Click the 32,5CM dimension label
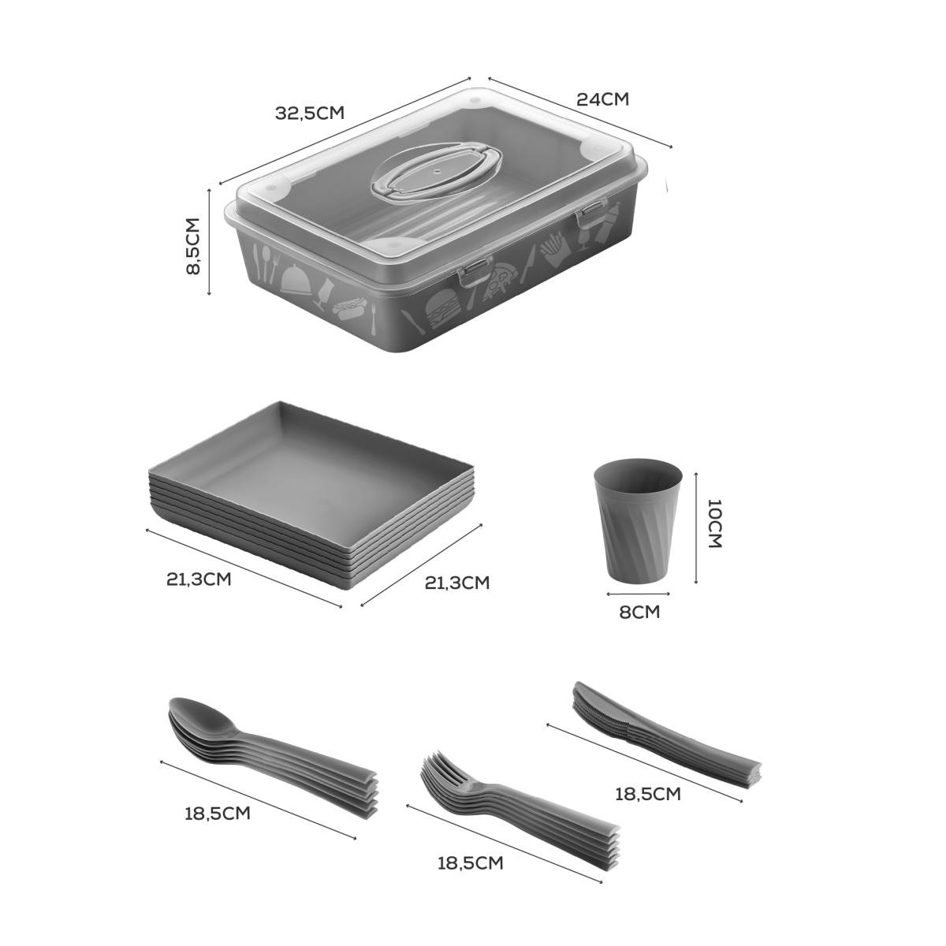pos(310,114)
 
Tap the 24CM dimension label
pos(602,99)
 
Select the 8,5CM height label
pos(193,246)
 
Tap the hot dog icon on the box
pos(349,307)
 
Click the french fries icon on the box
pos(553,251)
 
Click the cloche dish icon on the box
pos(296,279)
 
